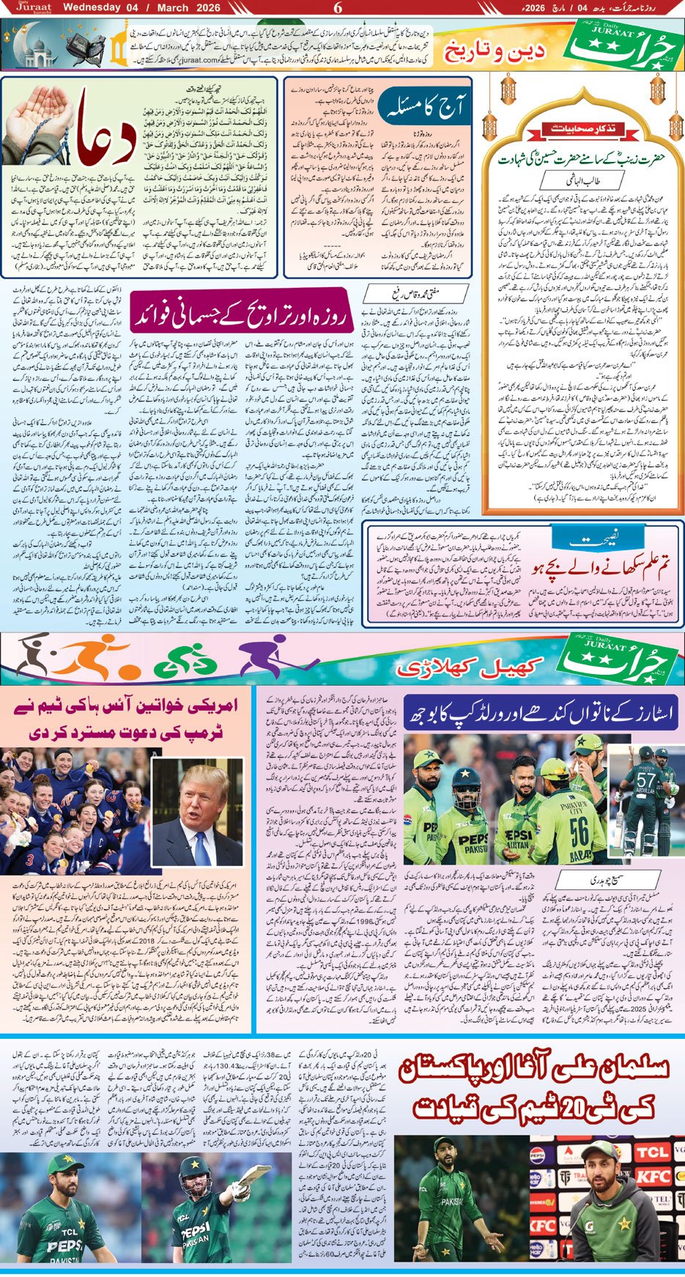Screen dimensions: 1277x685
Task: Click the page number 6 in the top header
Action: [x=338, y=8]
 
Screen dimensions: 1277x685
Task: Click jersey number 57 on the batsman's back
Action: [x=645, y=779]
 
